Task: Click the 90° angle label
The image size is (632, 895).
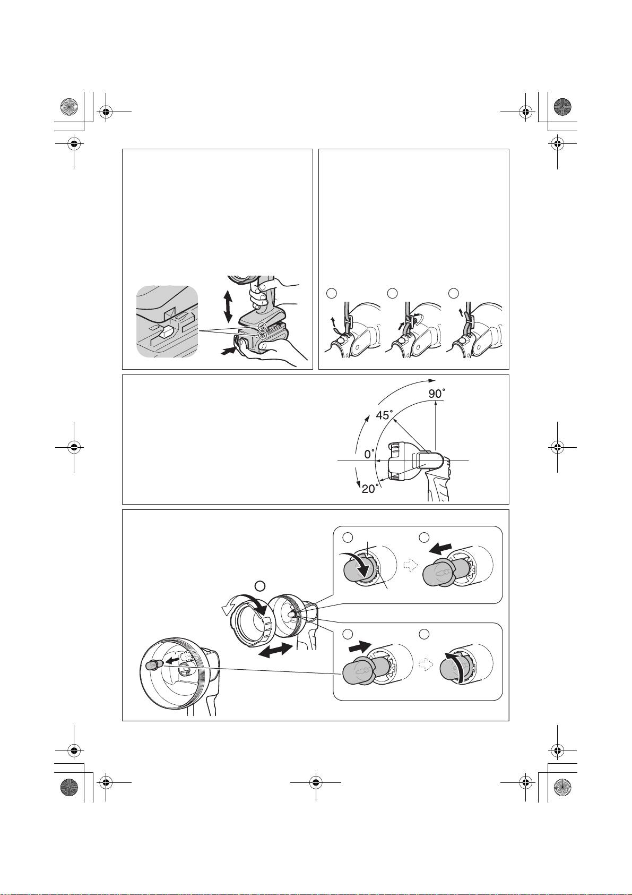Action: (437, 394)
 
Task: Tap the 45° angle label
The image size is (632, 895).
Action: (385, 415)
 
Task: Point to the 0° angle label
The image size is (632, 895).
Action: (369, 454)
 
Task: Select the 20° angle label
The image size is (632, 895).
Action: (370, 488)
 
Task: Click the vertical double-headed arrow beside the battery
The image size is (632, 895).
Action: (228, 306)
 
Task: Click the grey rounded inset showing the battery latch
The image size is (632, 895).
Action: (167, 321)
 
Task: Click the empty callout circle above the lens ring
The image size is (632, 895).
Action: (260, 586)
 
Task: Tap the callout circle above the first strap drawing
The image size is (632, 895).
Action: (331, 293)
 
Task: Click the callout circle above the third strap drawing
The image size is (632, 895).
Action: (453, 293)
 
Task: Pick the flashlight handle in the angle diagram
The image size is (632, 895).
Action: (438, 483)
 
